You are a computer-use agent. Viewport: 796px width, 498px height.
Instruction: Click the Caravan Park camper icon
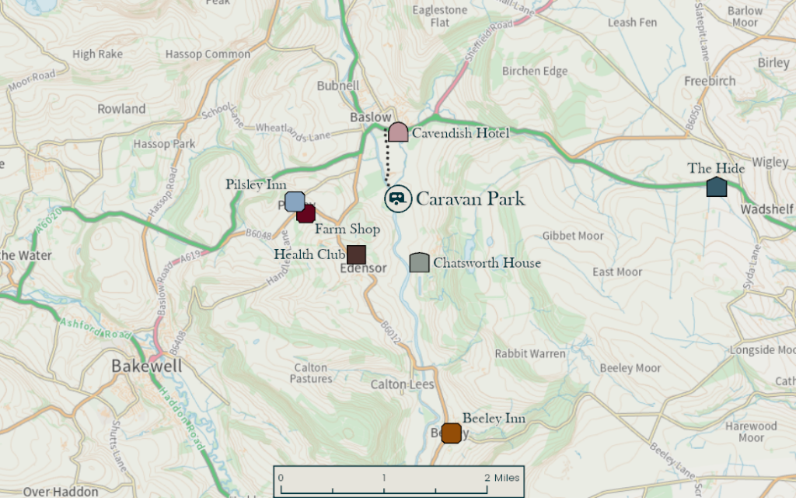[398, 198]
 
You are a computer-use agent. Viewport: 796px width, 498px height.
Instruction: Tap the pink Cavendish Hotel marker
[398, 132]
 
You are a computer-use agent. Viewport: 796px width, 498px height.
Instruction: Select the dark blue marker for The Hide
[717, 187]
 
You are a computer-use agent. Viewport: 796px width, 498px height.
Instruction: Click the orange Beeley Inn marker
[451, 433]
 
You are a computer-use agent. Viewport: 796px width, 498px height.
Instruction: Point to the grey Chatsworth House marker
[420, 263]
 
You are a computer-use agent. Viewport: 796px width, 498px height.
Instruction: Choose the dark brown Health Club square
[356, 254]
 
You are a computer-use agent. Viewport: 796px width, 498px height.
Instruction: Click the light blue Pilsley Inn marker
[294, 202]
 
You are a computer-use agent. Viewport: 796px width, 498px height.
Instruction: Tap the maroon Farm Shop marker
[305, 214]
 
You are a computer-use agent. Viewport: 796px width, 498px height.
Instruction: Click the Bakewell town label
[146, 366]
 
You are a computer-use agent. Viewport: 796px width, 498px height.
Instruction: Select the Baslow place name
[370, 117]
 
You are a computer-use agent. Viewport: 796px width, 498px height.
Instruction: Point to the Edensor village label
[363, 268]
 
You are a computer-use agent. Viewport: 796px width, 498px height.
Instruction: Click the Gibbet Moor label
[573, 236]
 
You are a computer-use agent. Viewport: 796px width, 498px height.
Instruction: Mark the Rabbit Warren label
[530, 354]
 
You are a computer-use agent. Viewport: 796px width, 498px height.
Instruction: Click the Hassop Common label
[208, 54]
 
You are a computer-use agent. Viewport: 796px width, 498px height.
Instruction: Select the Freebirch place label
[710, 81]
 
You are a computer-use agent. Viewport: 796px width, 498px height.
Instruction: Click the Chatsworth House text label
[487, 263]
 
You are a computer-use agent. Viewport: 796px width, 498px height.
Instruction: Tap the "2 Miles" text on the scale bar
[501, 477]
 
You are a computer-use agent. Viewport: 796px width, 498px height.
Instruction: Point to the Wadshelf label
[766, 209]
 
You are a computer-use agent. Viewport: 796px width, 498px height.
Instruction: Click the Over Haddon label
[61, 491]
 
